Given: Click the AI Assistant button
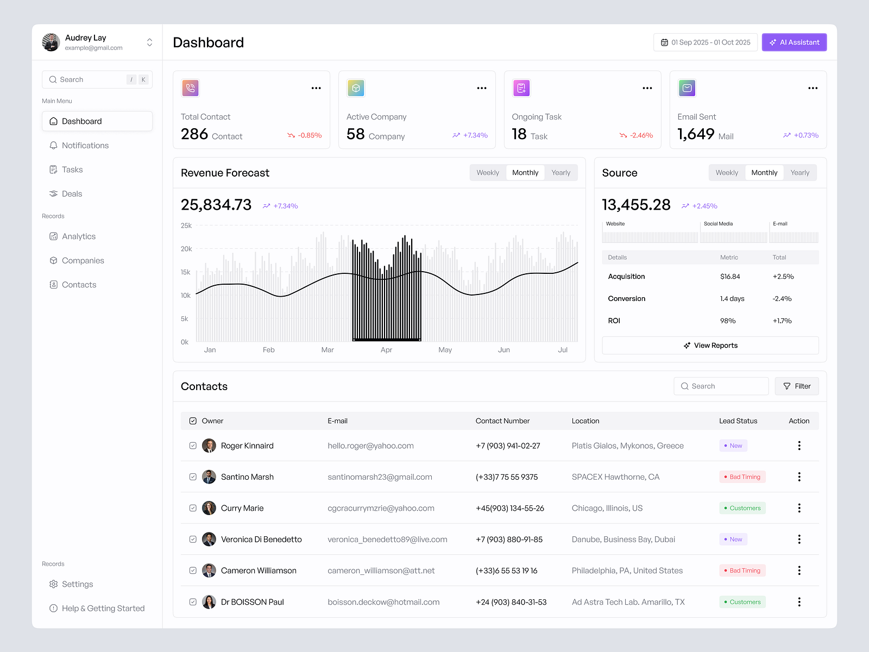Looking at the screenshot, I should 794,42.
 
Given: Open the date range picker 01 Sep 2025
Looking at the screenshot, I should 705,42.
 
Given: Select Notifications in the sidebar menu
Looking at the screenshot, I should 85,146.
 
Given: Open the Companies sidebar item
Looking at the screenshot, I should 83,261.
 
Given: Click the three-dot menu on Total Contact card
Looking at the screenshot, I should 316,88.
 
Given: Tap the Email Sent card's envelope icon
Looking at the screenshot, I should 687,88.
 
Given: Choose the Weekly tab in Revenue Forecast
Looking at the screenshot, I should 487,173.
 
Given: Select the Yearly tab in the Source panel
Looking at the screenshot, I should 799,173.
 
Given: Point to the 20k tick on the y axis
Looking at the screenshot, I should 186,249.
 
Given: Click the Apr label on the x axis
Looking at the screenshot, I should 386,350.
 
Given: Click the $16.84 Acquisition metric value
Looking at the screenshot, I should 730,277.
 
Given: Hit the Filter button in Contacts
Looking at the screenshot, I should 797,386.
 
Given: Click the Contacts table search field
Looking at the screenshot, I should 721,386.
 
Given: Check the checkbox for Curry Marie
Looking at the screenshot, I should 193,508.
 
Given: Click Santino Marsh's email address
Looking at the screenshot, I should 380,477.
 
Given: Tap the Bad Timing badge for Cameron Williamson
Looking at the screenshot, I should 742,570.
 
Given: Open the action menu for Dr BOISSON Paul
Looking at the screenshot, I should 799,602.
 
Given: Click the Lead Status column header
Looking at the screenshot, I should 738,421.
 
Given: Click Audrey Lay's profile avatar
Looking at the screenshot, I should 51,42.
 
